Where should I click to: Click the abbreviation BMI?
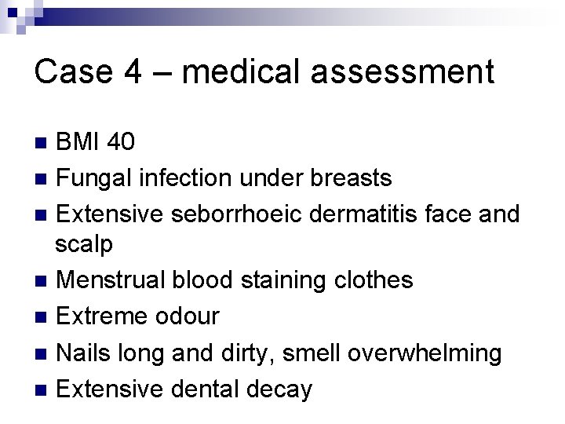tap(80, 142)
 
